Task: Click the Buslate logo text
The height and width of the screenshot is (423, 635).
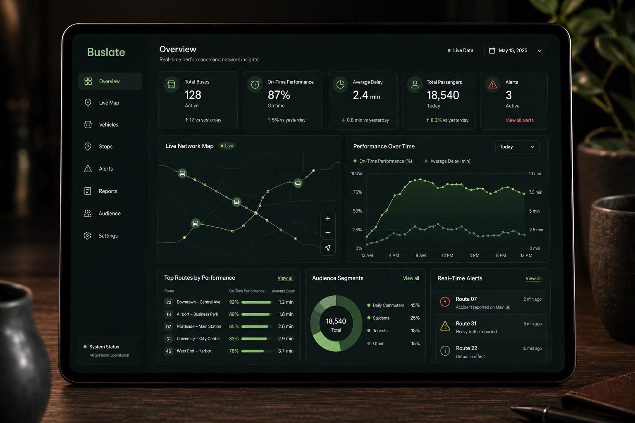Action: coord(106,52)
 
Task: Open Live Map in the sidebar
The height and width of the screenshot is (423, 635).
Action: coord(109,102)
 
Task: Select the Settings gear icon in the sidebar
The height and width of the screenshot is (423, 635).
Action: coord(87,235)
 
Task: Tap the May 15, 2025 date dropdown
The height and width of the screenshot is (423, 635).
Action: coord(516,50)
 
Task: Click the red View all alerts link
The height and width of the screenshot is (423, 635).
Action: coord(520,120)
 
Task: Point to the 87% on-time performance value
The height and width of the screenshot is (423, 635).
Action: coord(279,95)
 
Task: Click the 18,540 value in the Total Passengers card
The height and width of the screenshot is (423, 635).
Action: coord(443,95)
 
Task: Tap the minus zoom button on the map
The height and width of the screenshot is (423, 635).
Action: coord(328,233)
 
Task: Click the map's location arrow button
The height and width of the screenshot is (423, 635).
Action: coord(328,247)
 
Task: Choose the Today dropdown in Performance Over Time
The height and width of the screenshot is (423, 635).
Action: coord(517,147)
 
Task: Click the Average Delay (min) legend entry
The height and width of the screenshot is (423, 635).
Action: coord(447,161)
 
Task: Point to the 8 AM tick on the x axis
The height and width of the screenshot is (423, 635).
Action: coord(421,255)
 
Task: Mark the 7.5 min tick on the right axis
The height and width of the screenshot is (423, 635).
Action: coord(535,192)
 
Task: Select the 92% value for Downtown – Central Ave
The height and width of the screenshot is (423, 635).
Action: coord(234,302)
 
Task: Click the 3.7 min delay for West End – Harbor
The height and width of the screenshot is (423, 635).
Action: coord(286,351)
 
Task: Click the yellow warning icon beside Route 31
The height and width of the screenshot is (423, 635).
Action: coord(445,326)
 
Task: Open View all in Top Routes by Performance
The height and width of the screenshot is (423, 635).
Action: coord(286,278)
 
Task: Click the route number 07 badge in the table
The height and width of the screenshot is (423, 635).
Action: coord(169,326)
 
